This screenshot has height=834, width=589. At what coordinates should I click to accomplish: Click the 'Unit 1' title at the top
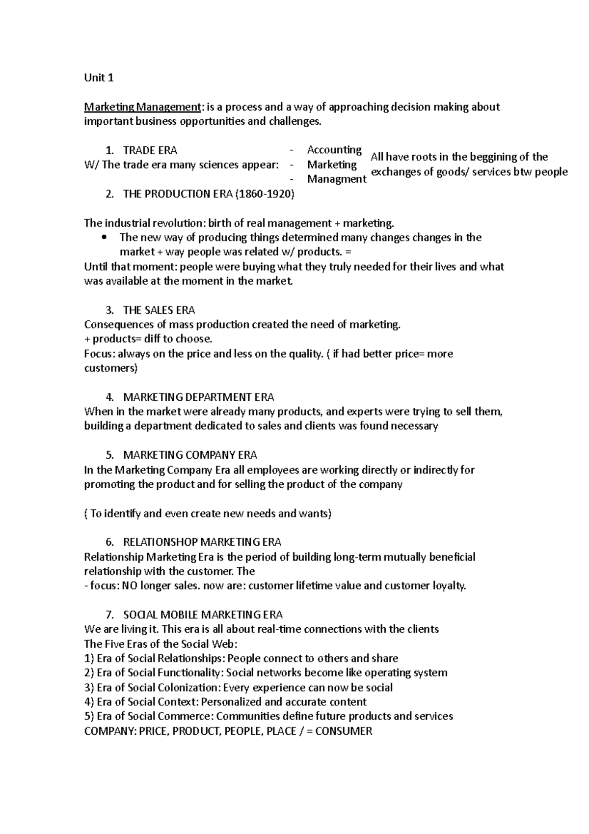[x=99, y=78]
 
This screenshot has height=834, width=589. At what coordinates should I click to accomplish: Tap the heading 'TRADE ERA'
[x=150, y=150]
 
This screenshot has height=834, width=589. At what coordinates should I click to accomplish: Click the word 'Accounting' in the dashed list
[x=334, y=150]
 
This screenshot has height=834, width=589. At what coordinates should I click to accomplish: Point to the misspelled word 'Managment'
[x=337, y=179]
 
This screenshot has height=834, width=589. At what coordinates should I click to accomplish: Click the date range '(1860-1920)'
[x=265, y=194]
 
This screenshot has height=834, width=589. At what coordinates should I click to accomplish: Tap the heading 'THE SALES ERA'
[x=159, y=310]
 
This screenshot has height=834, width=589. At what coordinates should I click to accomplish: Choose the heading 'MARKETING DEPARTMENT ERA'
[x=198, y=397]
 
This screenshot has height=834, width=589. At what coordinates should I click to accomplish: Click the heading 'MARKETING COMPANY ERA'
[x=190, y=455]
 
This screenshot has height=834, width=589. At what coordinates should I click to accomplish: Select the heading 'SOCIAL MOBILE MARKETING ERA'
[x=203, y=615]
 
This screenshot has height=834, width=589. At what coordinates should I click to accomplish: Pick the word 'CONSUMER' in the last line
[x=344, y=731]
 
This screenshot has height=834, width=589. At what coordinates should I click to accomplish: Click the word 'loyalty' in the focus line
[x=448, y=586]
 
